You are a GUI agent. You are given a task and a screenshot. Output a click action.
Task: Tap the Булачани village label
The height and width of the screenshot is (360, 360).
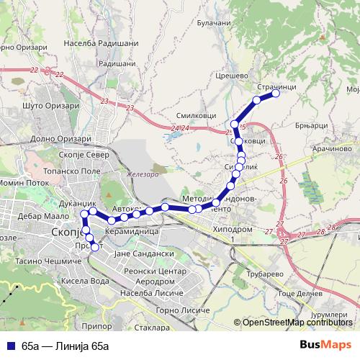pos(214,22)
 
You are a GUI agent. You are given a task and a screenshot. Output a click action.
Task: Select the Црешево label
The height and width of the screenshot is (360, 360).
pos(232,74)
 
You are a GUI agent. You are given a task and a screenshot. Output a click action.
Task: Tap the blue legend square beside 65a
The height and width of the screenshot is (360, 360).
pos(12,345)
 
